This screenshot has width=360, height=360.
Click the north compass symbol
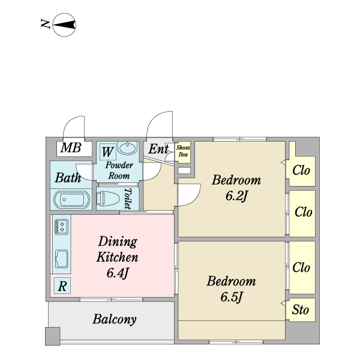(64, 25)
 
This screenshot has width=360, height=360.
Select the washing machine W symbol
(107, 150)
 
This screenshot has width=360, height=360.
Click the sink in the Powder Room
(128, 148)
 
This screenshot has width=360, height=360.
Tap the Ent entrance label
(158, 149)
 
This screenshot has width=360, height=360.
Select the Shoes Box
(183, 150)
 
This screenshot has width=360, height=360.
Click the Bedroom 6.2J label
(237, 187)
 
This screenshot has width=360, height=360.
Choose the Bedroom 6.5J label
(232, 289)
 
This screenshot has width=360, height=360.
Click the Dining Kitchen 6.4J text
(118, 257)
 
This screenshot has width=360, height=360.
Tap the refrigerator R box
(62, 286)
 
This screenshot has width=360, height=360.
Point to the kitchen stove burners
(61, 226)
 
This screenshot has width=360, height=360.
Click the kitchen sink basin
(62, 259)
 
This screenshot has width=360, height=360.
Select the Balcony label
(115, 319)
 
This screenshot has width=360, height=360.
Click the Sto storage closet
(301, 310)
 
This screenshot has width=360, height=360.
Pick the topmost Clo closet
(301, 170)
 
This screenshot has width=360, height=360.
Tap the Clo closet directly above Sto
(301, 268)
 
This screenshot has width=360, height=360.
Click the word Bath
(68, 178)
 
